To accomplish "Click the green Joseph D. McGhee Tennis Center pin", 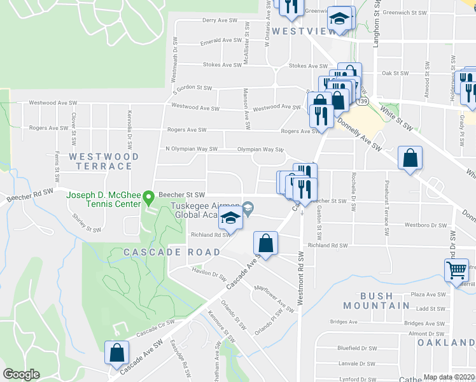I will click(148, 197).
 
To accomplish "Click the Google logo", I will click(22, 374).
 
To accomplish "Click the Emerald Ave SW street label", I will click(221, 40).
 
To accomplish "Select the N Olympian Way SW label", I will click(187, 150).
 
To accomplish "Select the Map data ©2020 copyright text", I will click(449, 377).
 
